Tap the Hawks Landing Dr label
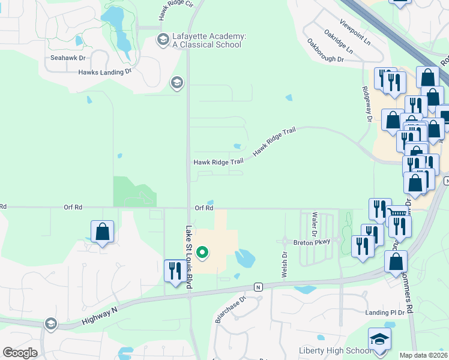(104, 72)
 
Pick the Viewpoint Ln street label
(355, 34)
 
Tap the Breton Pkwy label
(312, 242)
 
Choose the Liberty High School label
(335, 351)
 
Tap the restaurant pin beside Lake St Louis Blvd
(175, 271)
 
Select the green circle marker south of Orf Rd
(202, 253)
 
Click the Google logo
(20, 353)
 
